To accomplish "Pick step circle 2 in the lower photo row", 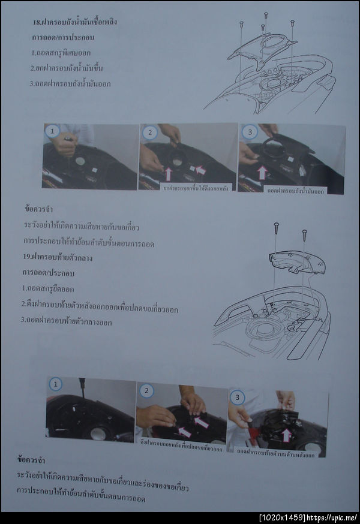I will [147, 390].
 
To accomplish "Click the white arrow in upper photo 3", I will [262, 173].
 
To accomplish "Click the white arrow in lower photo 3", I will [286, 435].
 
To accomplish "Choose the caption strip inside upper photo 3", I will [296, 190].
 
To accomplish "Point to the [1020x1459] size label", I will [281, 517].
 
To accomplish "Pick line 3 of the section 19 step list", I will [66, 321].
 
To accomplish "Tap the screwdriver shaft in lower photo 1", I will [82, 384].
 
